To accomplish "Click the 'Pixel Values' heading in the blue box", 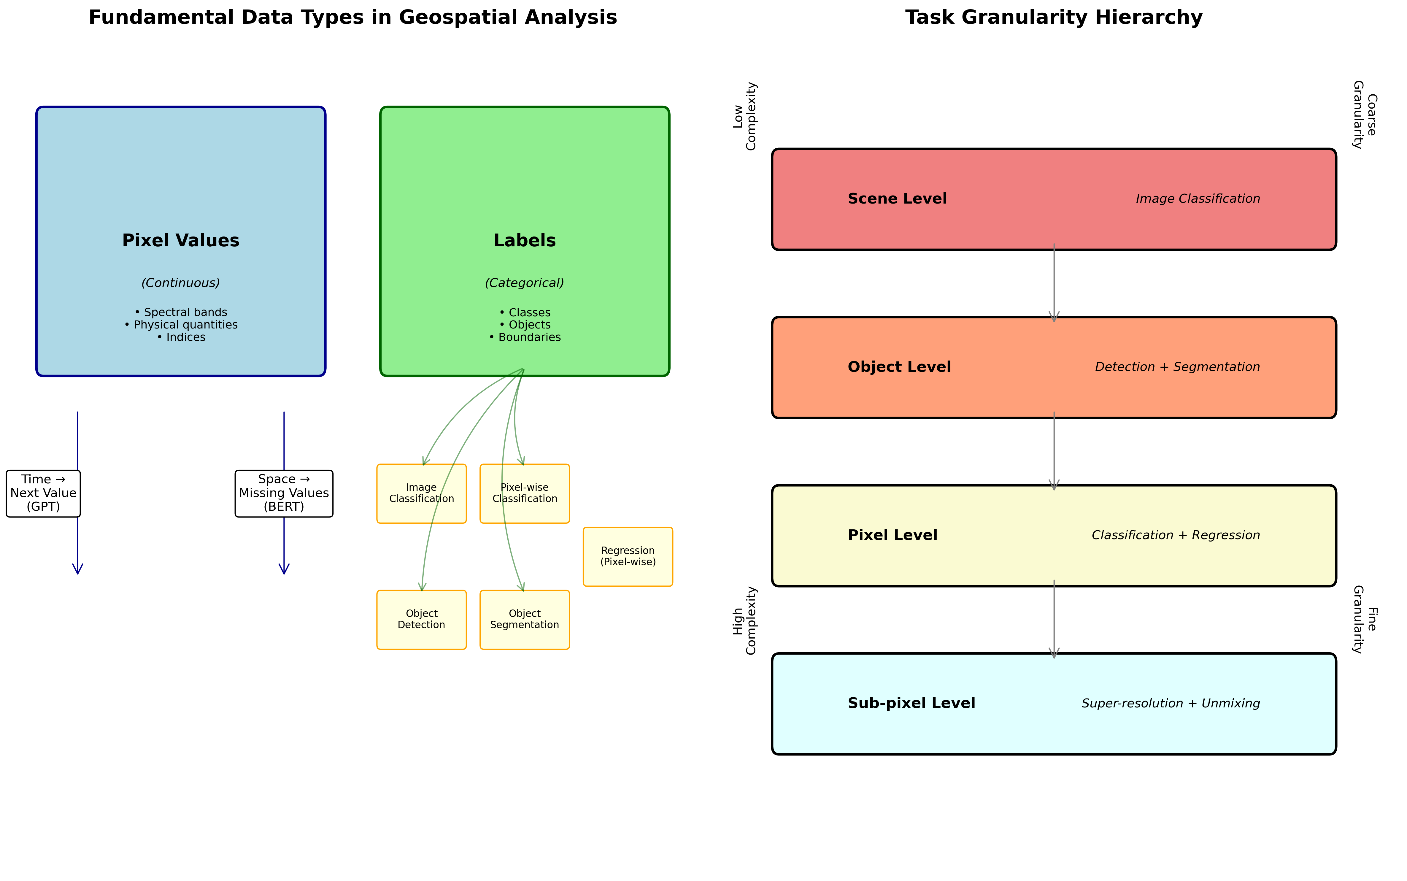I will point(181,241).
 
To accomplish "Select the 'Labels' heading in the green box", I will point(524,241).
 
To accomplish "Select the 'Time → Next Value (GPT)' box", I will point(43,493).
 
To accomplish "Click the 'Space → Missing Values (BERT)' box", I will point(284,493).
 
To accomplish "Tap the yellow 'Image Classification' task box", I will point(421,493).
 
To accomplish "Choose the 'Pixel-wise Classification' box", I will point(524,493).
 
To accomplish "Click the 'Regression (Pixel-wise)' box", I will point(628,556).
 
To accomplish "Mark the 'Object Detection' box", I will point(421,619).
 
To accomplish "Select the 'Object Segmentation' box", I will point(524,619).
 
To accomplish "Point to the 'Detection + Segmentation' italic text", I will point(1177,367).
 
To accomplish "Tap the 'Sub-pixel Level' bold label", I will point(911,703).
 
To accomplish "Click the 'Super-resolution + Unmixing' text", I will point(1171,703).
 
